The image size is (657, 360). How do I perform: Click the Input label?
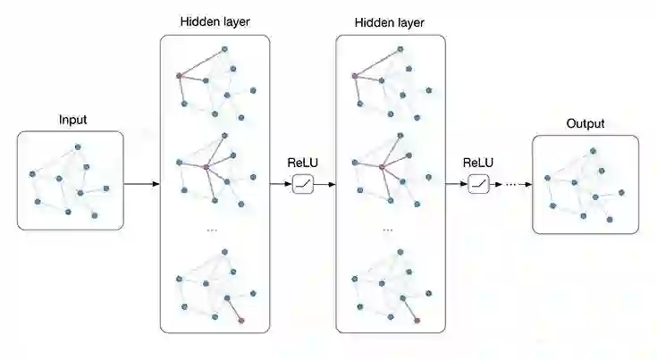click(73, 120)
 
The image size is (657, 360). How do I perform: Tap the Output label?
click(586, 123)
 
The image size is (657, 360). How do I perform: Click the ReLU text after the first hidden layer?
click(302, 163)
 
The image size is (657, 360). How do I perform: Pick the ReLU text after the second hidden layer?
click(478, 163)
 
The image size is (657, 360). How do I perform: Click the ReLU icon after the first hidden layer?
click(302, 184)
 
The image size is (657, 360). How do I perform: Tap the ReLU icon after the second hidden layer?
click(478, 184)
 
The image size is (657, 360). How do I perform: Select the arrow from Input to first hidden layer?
click(141, 184)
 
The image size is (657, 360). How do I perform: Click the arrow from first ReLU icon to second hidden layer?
click(324, 184)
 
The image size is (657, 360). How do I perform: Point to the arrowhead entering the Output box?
click(527, 184)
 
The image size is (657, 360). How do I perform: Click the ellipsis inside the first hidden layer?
click(213, 230)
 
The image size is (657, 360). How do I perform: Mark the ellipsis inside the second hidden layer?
click(388, 230)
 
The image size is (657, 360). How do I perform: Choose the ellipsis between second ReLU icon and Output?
click(510, 185)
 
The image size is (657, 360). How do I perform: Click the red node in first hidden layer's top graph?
click(179, 74)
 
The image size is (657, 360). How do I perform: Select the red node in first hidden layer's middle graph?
click(206, 166)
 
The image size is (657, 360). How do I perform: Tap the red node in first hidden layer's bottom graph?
click(240, 319)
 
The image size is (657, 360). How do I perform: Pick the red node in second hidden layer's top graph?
click(355, 74)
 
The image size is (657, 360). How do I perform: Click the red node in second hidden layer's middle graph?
click(382, 166)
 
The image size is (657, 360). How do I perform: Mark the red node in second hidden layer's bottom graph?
click(416, 319)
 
